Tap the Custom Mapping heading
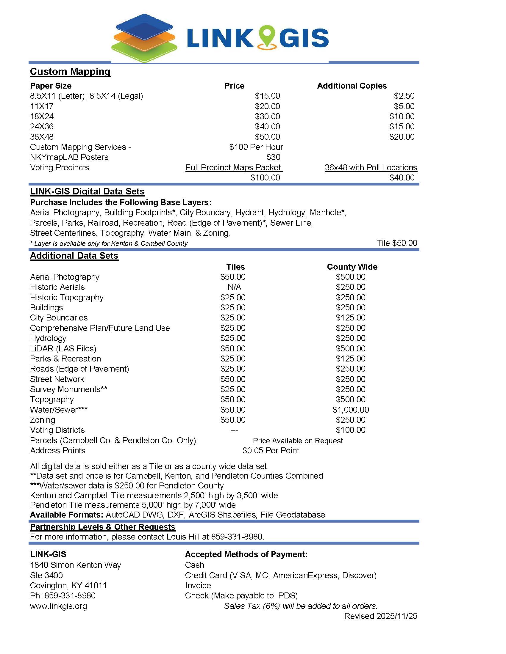[70, 72]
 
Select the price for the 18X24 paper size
[267, 117]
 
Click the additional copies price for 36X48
[402, 137]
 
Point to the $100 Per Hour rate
[256, 147]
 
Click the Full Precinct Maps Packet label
[234, 168]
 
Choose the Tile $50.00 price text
[396, 243]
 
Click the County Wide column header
[352, 267]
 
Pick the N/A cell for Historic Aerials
[234, 287]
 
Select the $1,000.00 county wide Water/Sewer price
[350, 410]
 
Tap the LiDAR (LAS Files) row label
[63, 349]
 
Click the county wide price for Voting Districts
[350, 430]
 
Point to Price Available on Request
[298, 441]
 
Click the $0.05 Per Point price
[271, 451]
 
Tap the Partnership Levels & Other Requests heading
[102, 527]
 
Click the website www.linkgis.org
[58, 606]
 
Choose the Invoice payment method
[198, 586]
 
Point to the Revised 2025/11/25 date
[380, 616]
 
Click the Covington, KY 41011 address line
[68, 586]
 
